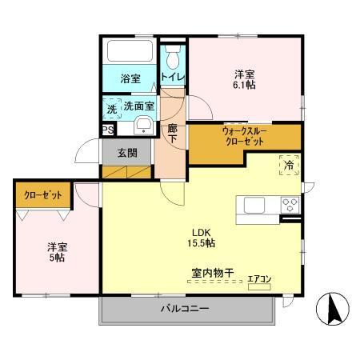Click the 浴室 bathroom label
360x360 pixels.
coord(130,80)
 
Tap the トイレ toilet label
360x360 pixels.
coord(172,77)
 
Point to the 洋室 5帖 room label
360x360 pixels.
coord(56,253)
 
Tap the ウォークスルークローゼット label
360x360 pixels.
coord(244,136)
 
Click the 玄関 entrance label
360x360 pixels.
coord(127,152)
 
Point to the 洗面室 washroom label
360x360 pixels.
coord(137,105)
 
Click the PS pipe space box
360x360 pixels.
coord(106,127)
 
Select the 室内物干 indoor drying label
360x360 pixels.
coord(211,273)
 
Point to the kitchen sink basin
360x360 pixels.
coord(255,204)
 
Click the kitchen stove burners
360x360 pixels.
coord(288,204)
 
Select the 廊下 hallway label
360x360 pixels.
coord(172,132)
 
